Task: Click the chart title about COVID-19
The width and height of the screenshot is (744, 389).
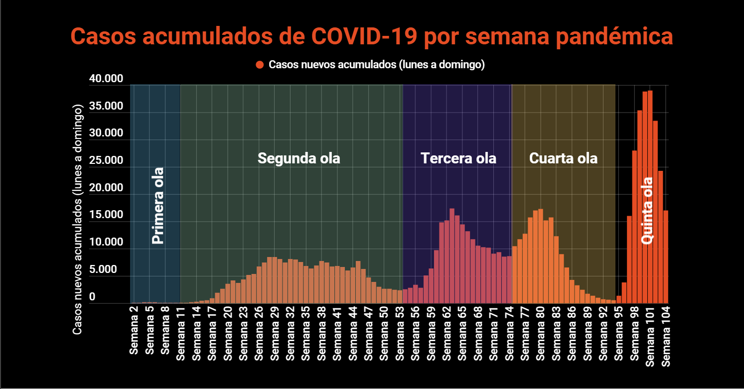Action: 372,37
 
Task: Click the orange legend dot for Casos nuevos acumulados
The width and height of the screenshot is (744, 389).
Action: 259,65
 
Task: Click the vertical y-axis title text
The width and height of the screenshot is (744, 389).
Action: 77,219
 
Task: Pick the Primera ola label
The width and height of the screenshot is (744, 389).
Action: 157,205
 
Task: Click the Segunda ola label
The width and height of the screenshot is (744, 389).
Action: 298,158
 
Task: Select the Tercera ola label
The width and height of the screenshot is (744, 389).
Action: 458,158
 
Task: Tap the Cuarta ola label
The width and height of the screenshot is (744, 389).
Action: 563,158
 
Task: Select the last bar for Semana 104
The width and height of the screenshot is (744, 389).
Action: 666,257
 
